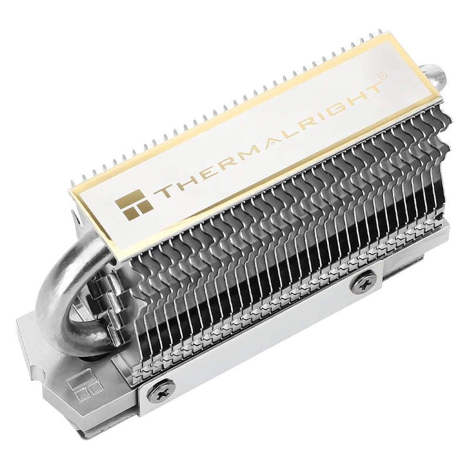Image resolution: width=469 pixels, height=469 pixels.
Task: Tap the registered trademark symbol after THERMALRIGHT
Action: coord(382,77)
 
